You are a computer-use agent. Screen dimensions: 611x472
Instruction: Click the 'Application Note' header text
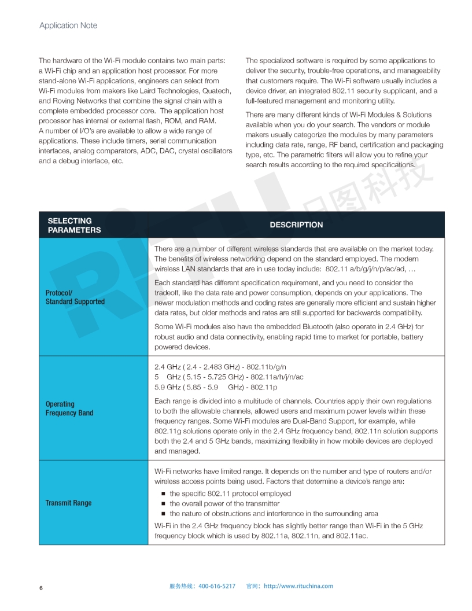coord(68,25)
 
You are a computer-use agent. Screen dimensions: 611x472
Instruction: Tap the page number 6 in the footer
coord(41,587)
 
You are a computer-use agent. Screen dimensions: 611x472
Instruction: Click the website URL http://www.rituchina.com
coord(298,586)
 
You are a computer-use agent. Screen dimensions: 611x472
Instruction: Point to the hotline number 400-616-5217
coord(217,586)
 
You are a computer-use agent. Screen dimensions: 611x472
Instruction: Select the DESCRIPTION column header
coord(296,225)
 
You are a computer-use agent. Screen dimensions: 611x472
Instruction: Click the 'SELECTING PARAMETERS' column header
coord(74,225)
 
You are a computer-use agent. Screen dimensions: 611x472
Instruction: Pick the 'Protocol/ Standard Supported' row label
coord(75,297)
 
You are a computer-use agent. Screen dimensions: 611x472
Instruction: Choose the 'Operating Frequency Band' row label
coord(69,408)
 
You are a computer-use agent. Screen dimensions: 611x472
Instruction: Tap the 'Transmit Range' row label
coord(68,503)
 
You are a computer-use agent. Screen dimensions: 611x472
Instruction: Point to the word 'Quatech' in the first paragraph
coord(217,91)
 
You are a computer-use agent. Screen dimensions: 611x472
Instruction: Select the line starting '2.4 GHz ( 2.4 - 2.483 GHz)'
coord(220,367)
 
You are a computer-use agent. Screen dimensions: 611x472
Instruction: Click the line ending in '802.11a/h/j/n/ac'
coord(229,377)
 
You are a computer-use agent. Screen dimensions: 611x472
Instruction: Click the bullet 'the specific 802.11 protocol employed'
coord(230,494)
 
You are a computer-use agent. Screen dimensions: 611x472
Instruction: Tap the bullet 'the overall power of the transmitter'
coord(224,503)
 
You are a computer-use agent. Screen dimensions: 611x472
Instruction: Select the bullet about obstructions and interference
coord(274,513)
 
